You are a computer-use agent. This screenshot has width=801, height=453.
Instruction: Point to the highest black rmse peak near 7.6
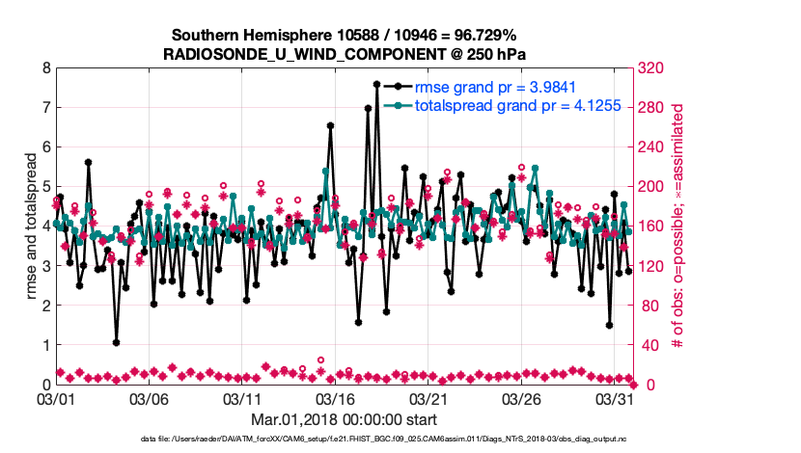376,84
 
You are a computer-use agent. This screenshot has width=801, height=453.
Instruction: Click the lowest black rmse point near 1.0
116,342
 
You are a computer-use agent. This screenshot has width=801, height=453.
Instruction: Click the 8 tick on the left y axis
45,68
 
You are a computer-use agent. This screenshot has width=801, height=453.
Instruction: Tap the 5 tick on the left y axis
45,187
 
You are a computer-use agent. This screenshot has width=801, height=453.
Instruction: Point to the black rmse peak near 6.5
330,126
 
